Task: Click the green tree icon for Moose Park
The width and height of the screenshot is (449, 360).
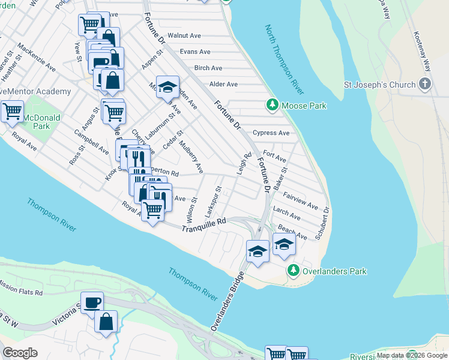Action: [x=272, y=106]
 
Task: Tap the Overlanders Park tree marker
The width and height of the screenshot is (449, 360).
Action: [x=293, y=271]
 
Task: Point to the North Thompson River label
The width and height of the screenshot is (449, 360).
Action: [x=284, y=58]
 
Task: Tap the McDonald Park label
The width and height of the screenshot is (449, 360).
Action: [x=42, y=122]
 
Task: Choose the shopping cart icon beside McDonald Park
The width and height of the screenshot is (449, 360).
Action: [x=11, y=110]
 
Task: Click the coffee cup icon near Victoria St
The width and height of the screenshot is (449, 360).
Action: [x=92, y=302]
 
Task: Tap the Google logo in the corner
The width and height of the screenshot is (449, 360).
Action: [x=20, y=352]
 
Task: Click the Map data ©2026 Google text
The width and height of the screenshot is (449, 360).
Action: [x=412, y=355]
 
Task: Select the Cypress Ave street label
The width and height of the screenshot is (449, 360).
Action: [x=271, y=133]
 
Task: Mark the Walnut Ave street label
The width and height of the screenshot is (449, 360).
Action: [x=185, y=36]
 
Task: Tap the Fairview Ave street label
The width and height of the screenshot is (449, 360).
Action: [x=301, y=201]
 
